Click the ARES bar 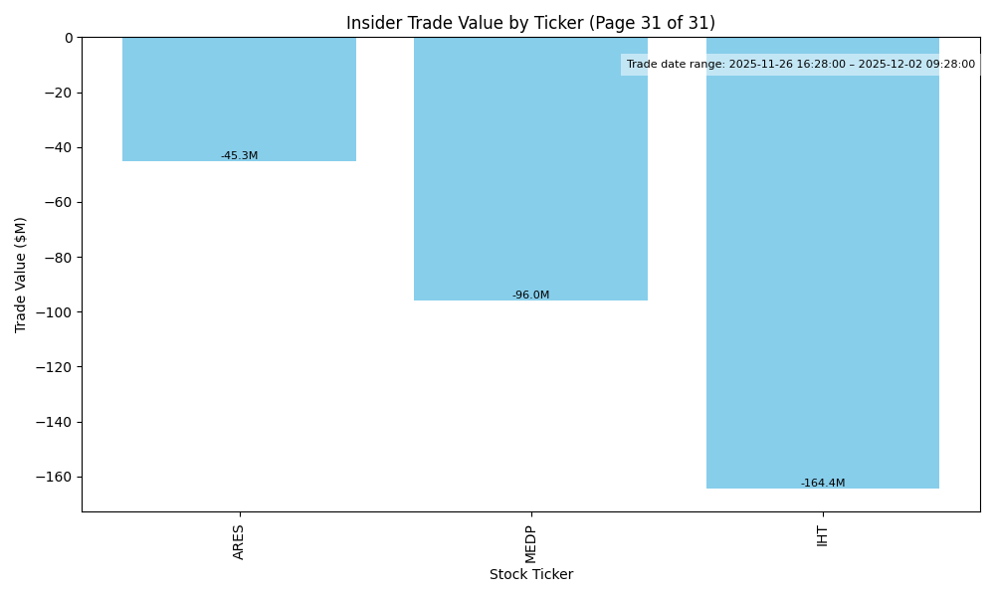click(x=239, y=99)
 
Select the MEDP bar click(x=530, y=169)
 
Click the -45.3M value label click(x=239, y=156)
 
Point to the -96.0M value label click(x=530, y=296)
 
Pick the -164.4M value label click(x=823, y=484)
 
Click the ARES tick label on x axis click(x=239, y=541)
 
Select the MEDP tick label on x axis click(x=530, y=542)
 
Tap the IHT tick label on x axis click(x=823, y=535)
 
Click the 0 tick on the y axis click(x=69, y=38)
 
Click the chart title click(x=530, y=23)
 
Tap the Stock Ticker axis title click(x=530, y=574)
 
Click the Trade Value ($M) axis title click(x=21, y=275)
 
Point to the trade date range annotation click(x=801, y=65)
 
